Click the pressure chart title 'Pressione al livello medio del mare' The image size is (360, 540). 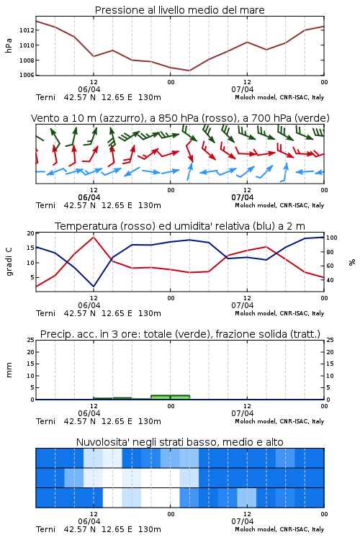179,10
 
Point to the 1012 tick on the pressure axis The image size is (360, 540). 27,30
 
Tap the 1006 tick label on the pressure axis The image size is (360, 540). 27,75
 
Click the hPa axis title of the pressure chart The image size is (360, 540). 9,45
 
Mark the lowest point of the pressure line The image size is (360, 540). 189,71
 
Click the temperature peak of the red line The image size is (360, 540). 94,237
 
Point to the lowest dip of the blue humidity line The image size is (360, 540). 94,287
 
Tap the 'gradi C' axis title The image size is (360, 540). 9,261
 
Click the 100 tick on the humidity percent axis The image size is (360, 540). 332,238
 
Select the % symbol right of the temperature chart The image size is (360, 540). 352,262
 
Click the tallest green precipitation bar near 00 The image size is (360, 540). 170,397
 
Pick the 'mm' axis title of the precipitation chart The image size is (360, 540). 9,370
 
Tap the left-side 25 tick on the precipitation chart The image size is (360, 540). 31,340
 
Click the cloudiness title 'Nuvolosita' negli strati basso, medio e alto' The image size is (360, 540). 179,442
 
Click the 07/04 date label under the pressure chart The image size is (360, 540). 242,89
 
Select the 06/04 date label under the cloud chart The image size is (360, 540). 89,521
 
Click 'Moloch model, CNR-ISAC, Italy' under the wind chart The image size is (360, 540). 279,205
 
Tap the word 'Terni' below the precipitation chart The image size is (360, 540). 45,421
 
